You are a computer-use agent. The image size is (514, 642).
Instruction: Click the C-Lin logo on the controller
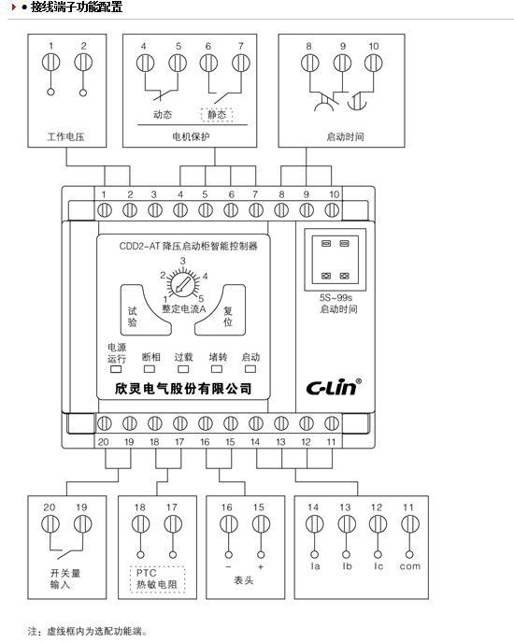pyautogui.click(x=334, y=387)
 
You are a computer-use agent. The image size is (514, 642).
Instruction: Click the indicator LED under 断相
pyautogui.click(x=150, y=369)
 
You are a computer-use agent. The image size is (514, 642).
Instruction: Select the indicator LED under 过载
pyautogui.click(x=183, y=369)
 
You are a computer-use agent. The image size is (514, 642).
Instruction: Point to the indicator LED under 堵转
pyautogui.click(x=217, y=369)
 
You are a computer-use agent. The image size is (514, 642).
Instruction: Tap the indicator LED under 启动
pyautogui.click(x=250, y=369)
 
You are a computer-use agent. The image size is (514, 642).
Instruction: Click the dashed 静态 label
pyautogui.click(x=217, y=115)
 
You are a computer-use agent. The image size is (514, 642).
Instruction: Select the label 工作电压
pyautogui.click(x=66, y=136)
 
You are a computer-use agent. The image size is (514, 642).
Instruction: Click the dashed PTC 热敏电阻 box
pyautogui.click(x=157, y=578)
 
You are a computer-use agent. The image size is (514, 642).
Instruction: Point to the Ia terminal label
pyautogui.click(x=315, y=566)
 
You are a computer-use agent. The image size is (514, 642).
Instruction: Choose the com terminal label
pyautogui.click(x=410, y=566)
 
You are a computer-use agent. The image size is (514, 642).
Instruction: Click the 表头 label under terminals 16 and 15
pyautogui.click(x=244, y=580)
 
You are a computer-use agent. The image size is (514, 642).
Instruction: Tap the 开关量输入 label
pyautogui.click(x=65, y=578)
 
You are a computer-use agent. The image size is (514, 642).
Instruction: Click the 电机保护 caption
pyautogui.click(x=191, y=136)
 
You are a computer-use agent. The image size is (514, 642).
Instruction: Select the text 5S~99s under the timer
pyautogui.click(x=336, y=298)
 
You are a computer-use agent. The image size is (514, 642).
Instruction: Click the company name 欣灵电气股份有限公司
pyautogui.click(x=183, y=389)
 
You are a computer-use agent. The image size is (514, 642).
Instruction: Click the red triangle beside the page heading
pyautogui.click(x=14, y=7)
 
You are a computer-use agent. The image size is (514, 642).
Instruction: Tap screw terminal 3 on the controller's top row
pyautogui.click(x=155, y=210)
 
